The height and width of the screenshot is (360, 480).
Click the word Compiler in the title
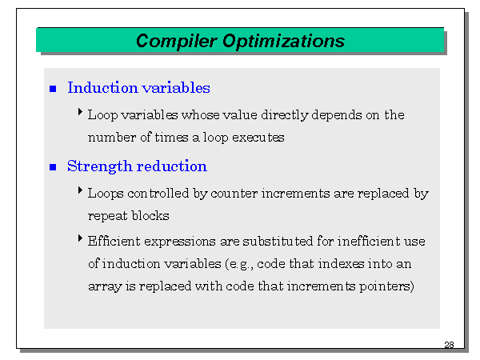(x=170, y=41)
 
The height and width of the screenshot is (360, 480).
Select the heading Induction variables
(x=138, y=88)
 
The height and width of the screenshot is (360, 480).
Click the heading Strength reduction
(x=137, y=166)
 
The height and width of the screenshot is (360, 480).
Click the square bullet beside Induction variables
(x=53, y=89)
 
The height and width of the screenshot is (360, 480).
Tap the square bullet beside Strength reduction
(x=53, y=167)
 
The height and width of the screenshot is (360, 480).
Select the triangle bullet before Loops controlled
(x=81, y=191)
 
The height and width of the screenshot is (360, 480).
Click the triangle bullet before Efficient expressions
(x=81, y=238)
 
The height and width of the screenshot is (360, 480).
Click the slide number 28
(x=448, y=346)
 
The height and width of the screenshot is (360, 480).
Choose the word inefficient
(x=354, y=241)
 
